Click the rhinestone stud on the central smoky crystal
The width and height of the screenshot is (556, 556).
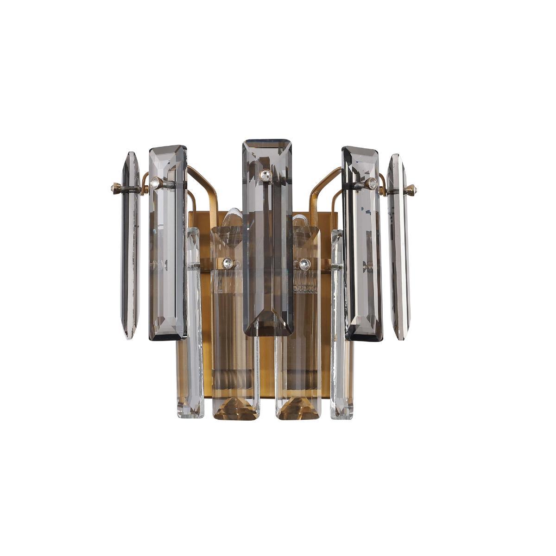tap(265, 175)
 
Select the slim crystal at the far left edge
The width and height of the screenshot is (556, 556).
tap(130, 246)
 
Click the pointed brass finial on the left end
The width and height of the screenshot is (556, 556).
tap(115, 188)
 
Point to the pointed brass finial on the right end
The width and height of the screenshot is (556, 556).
tap(411, 189)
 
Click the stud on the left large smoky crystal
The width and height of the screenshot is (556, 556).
tap(157, 183)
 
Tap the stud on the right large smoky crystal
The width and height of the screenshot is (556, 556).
tap(371, 183)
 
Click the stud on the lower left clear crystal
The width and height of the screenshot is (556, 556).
tap(227, 264)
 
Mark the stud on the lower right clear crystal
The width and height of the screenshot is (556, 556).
tap(304, 265)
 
